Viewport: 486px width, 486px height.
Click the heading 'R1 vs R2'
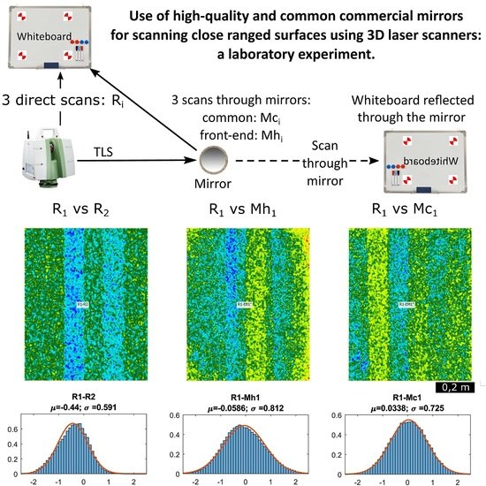click(76, 212)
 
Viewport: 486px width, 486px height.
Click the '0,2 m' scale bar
click(459, 385)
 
